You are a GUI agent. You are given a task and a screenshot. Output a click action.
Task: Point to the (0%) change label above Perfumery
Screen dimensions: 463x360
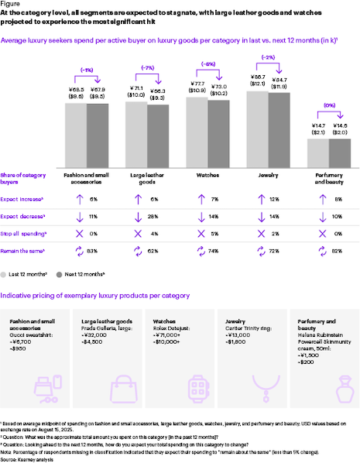[329, 105]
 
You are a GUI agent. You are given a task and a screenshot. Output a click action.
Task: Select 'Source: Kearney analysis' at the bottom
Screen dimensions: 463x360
[25, 458]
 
